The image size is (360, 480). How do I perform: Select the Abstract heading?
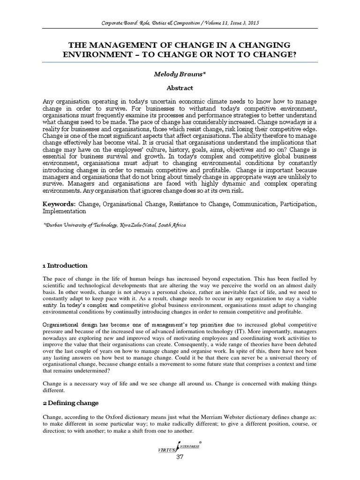180,87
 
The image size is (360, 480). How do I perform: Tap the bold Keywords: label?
59,204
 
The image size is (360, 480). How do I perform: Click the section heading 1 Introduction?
65,265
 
